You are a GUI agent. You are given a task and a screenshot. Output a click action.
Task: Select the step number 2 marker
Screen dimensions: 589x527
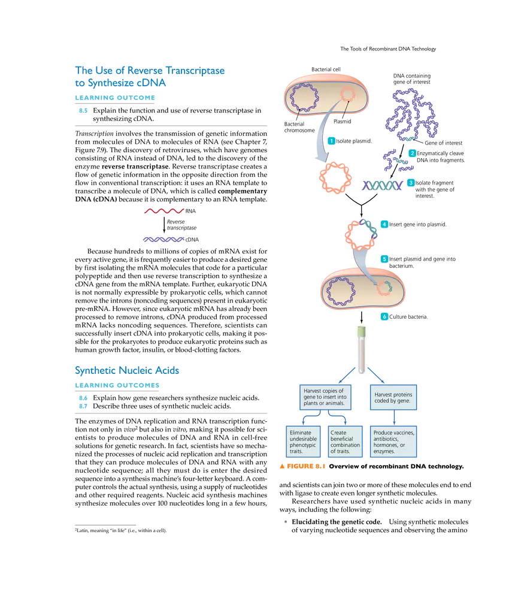point(411,153)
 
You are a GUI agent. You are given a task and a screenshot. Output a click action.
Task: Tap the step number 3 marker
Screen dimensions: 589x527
point(410,183)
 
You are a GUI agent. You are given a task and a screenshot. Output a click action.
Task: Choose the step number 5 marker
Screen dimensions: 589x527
point(384,259)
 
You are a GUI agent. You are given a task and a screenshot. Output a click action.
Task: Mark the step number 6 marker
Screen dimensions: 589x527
point(384,316)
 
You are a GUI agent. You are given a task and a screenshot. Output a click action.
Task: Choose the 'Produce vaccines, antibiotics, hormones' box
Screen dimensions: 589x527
point(393,442)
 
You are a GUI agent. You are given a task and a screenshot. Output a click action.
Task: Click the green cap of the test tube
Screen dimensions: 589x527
point(361,331)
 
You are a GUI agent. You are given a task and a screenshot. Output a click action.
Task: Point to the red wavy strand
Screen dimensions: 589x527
point(163,211)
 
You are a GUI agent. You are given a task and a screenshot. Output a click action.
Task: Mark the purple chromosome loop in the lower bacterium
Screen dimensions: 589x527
point(340,290)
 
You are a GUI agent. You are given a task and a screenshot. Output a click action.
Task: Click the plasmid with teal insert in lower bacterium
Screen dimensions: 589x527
point(384,288)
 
